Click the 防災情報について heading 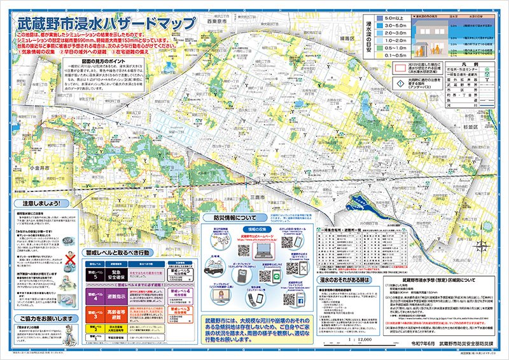point(237,216)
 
